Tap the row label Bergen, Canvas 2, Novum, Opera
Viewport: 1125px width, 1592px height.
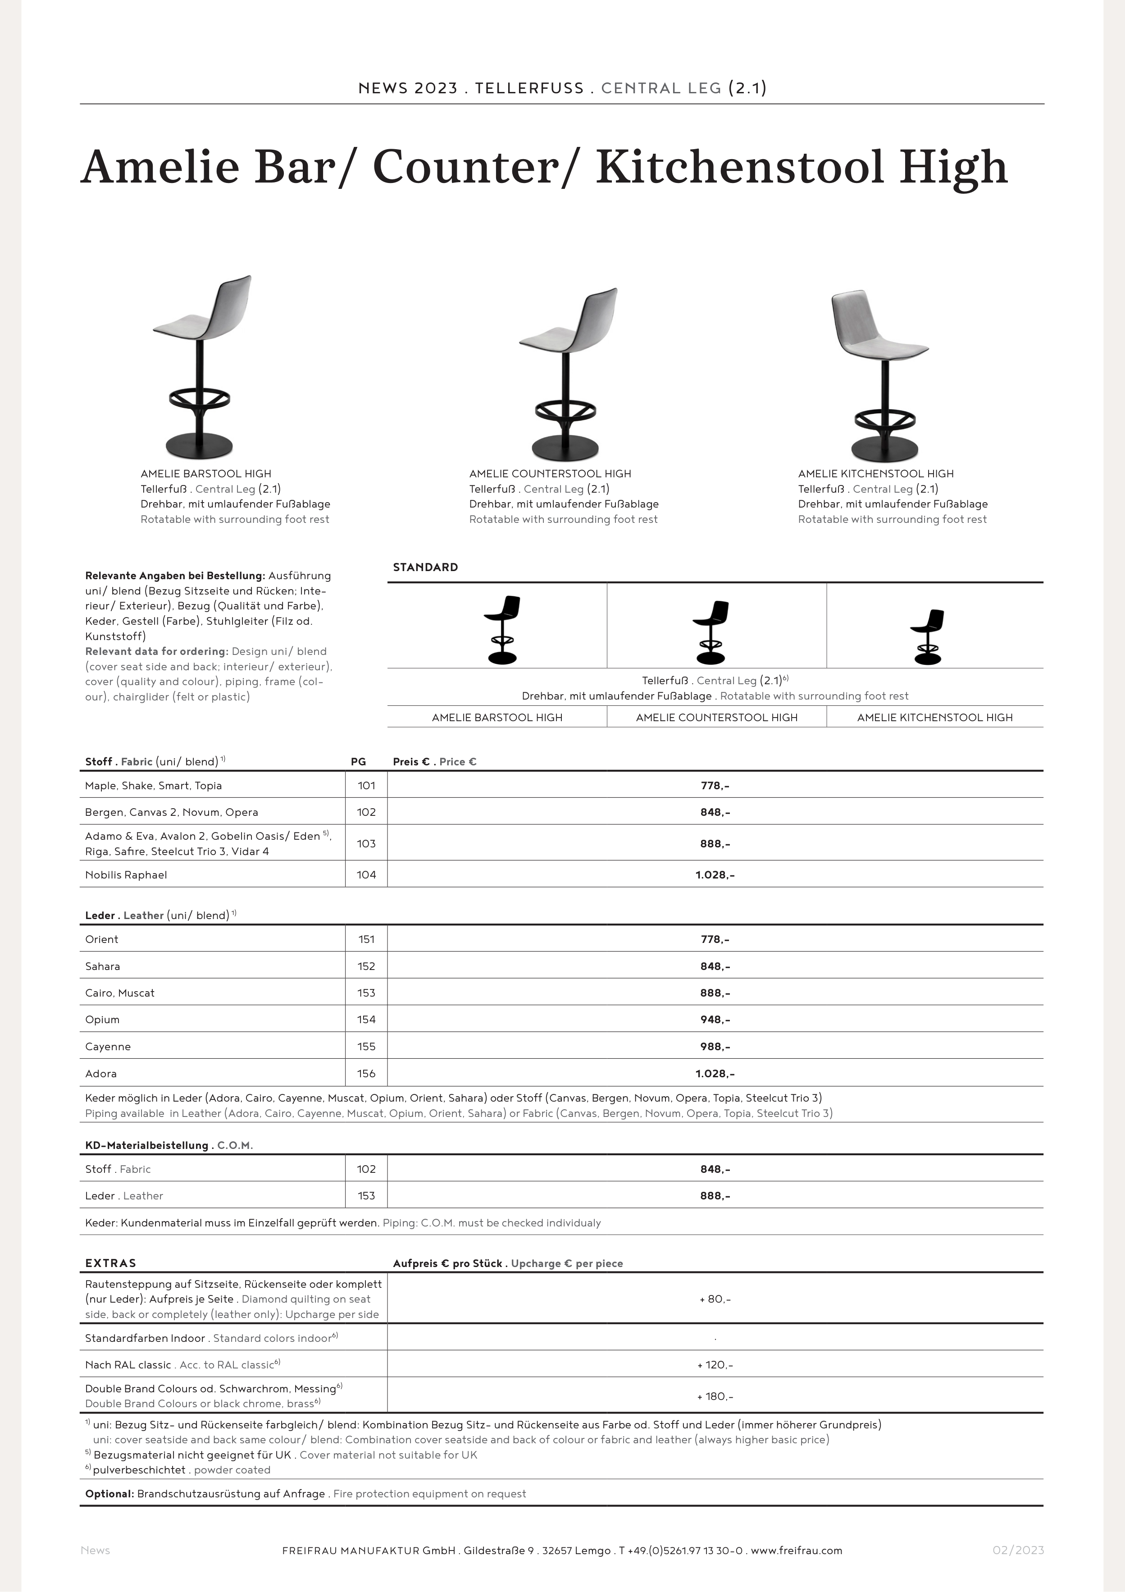171,812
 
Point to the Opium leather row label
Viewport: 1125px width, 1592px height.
103,1019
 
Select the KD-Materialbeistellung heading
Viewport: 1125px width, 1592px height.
146,1145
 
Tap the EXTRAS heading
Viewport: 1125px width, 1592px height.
111,1263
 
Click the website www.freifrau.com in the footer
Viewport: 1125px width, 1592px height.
797,1551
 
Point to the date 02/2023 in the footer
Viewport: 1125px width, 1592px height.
1018,1551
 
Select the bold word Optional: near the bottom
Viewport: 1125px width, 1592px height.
109,1494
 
